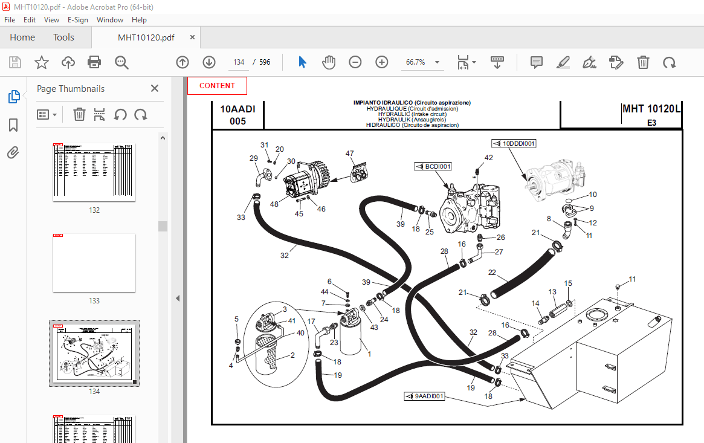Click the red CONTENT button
217,86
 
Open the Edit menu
30,19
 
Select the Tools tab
63,37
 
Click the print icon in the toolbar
94,62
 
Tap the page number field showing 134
238,62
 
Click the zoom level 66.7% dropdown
421,62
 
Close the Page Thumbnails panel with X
155,89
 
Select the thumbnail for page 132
94,172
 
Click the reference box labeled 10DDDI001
514,143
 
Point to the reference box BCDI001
433,166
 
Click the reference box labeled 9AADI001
425,396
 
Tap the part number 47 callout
349,154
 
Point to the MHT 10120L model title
651,109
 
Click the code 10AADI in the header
237,109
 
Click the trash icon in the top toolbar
644,62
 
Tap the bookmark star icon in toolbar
41,62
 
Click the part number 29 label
253,158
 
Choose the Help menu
139,19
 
